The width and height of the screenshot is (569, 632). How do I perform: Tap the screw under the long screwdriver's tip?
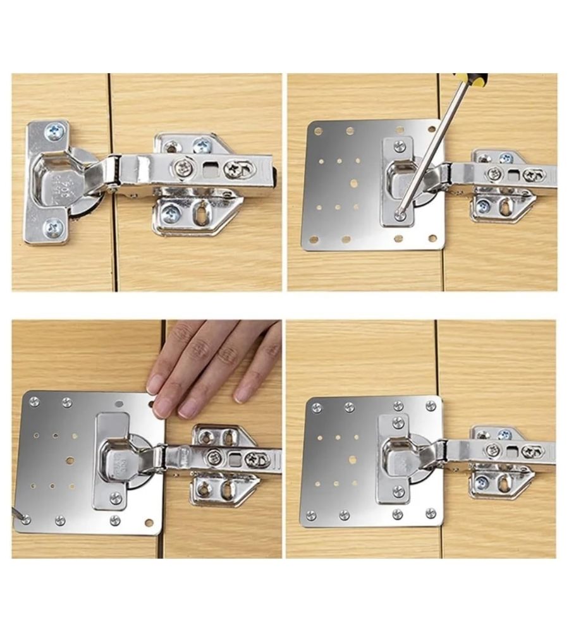400,216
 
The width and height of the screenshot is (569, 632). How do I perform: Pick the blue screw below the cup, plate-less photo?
52,227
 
